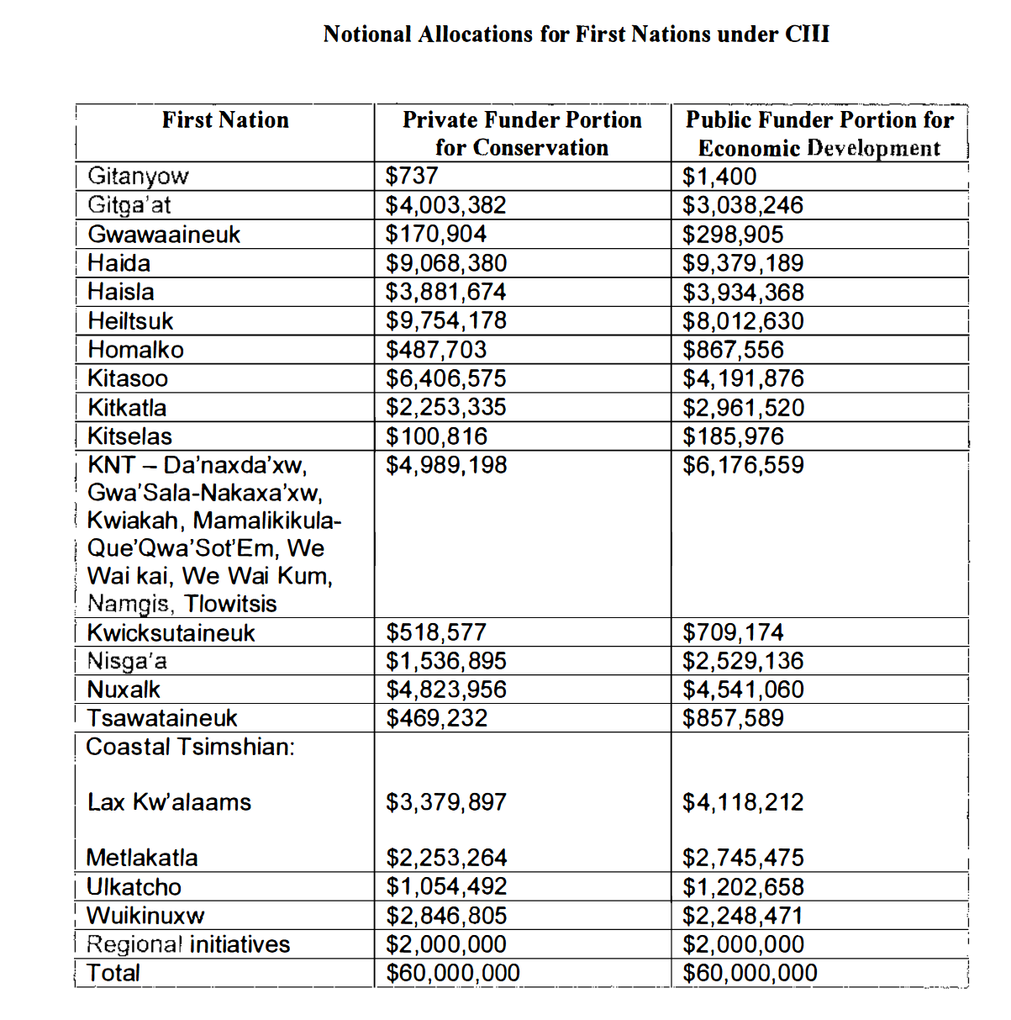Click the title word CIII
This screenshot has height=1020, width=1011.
click(x=807, y=34)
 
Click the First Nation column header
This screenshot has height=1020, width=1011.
click(x=225, y=120)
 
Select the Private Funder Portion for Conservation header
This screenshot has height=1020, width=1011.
click(x=522, y=134)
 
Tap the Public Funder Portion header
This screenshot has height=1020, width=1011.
click(x=819, y=134)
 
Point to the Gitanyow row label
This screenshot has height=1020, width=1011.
click(x=138, y=177)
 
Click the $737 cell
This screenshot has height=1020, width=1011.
click(x=412, y=176)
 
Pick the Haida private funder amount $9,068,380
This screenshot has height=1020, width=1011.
click(x=446, y=263)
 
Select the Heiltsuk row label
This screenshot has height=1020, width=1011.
click(x=130, y=321)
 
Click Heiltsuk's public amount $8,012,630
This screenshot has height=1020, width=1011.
click(x=743, y=321)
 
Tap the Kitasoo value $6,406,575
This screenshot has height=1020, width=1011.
click(x=446, y=378)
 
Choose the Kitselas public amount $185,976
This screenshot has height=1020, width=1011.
click(x=733, y=436)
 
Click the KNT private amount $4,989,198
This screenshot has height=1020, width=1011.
click(x=446, y=465)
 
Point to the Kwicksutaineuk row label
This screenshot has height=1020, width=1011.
click(x=171, y=632)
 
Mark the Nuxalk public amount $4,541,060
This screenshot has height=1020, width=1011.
click(x=743, y=690)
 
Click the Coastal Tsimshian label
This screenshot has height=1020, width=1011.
click(x=191, y=747)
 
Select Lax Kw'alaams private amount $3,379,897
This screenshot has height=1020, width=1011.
click(x=446, y=802)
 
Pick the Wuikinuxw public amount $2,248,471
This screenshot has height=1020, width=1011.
click(x=743, y=916)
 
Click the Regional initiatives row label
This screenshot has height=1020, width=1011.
click(x=188, y=944)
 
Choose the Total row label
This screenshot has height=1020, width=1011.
click(x=113, y=973)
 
